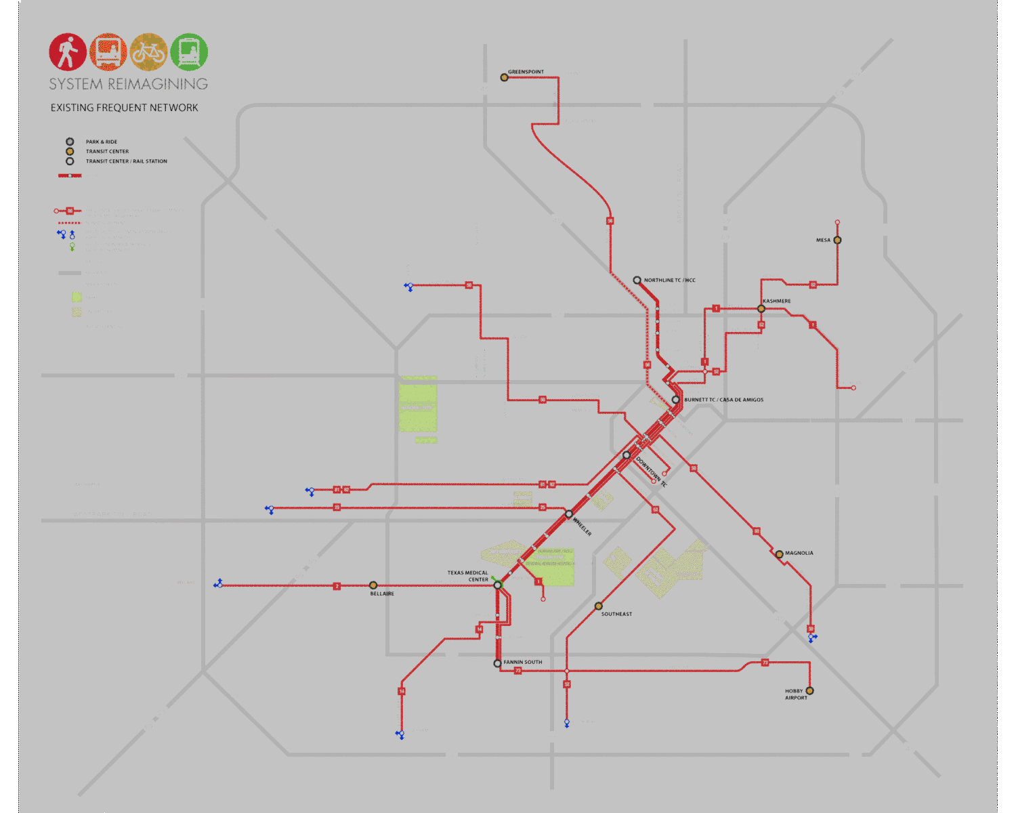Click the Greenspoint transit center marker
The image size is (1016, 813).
click(x=504, y=77)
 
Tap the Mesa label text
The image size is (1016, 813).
click(x=823, y=240)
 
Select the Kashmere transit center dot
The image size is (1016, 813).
click(x=761, y=309)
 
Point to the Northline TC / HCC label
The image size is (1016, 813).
click(x=669, y=280)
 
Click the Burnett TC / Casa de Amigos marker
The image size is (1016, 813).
click(x=675, y=400)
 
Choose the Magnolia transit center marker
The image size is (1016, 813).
click(x=779, y=554)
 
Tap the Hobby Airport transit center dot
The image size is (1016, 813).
click(x=809, y=691)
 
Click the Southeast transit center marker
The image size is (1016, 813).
click(x=598, y=606)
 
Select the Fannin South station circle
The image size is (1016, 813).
click(x=497, y=663)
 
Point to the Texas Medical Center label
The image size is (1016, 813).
click(x=467, y=576)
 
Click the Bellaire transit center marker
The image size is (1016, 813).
click(x=373, y=585)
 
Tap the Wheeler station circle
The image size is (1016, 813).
click(x=569, y=514)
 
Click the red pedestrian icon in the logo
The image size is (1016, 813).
click(x=68, y=52)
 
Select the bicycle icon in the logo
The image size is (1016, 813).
click(x=148, y=52)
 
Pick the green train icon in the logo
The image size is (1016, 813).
click(x=189, y=52)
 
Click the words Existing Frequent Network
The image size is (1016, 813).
click(x=124, y=108)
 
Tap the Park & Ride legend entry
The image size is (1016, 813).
click(x=101, y=142)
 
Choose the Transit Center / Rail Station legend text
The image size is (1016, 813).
click(x=126, y=161)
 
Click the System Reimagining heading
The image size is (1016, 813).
click(x=128, y=84)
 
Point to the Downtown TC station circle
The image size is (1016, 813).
click(x=627, y=455)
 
